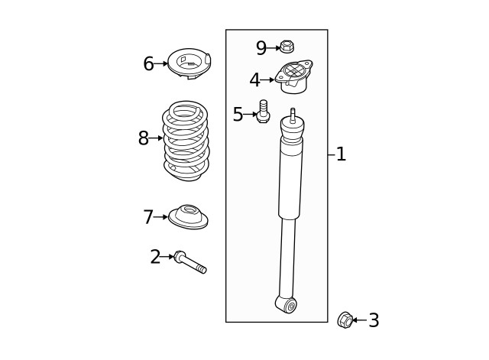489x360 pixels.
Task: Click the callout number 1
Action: (x=342, y=154)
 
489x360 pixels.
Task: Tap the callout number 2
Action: (x=155, y=257)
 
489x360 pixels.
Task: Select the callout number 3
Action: (x=374, y=320)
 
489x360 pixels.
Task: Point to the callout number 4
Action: (x=254, y=79)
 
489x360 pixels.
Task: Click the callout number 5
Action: (x=238, y=114)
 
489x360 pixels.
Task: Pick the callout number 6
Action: (x=149, y=63)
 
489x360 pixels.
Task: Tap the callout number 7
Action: (x=148, y=217)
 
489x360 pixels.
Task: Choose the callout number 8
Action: (x=144, y=138)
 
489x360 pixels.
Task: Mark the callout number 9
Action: (x=261, y=48)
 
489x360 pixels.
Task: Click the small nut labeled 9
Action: (x=287, y=47)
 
